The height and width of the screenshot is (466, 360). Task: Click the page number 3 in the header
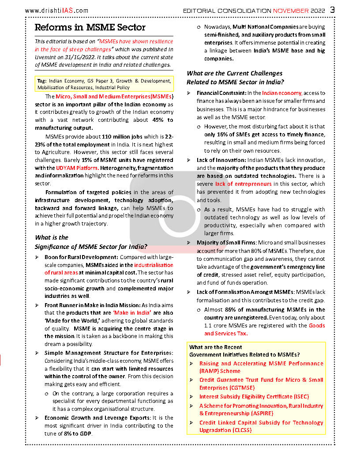332,9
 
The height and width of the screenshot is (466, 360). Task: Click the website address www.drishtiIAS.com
57,11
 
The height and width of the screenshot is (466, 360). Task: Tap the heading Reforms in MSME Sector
90,27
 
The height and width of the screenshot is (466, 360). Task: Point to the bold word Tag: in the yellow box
42,81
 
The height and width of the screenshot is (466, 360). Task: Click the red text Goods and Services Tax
265,329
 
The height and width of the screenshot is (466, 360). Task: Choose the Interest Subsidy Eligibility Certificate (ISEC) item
254,397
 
